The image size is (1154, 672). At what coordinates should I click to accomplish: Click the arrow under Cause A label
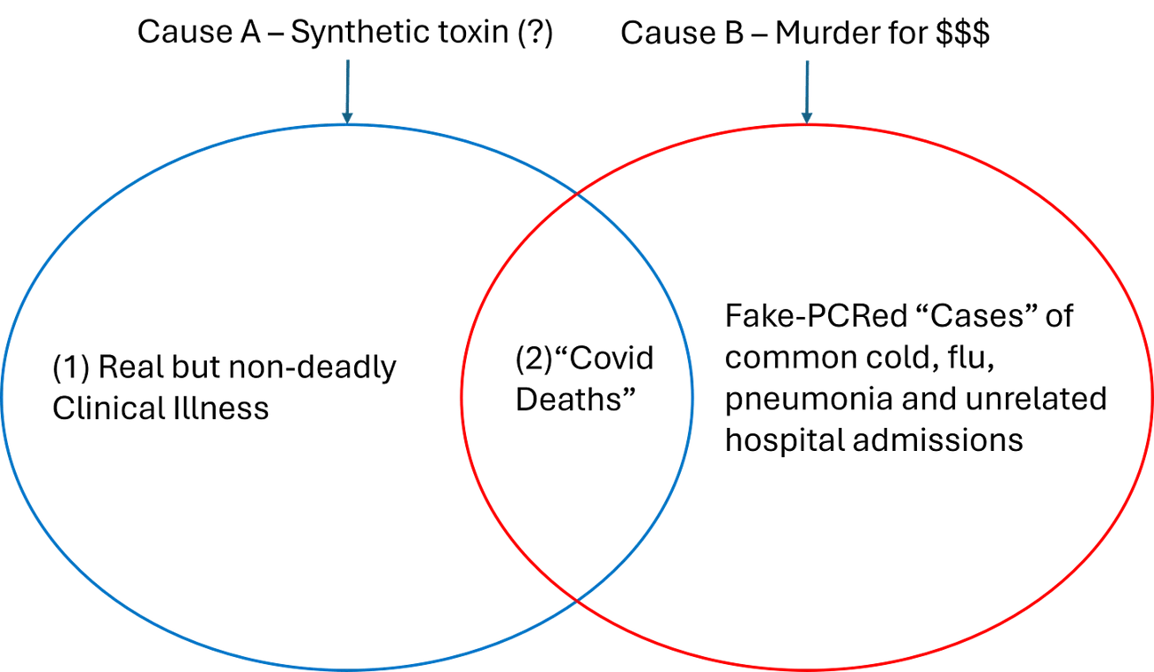(346, 89)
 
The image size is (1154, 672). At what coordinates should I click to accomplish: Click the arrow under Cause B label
(806, 89)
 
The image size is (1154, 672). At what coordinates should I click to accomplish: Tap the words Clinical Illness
(161, 408)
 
